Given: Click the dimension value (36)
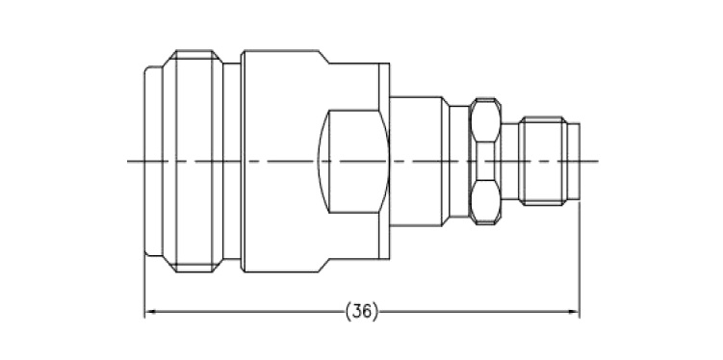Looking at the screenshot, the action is pos(362,312).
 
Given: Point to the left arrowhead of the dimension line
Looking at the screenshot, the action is pos(149,312).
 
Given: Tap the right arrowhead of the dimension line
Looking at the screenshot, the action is pos(574,312).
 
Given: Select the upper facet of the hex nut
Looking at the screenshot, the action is pos(485,120).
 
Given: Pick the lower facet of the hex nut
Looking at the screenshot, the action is pos(485,202).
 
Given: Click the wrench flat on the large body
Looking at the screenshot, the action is pos(353,162).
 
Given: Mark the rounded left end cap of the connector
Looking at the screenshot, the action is pos(153,162).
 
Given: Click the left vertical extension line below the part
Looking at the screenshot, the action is pos(144,287).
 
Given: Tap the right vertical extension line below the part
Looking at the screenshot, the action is pos(580,259).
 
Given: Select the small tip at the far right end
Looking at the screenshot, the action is pos(573,162).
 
